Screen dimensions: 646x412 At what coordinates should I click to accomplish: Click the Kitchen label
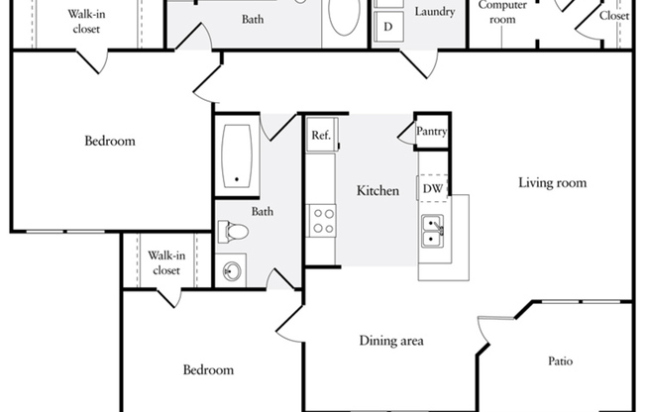(x=377, y=191)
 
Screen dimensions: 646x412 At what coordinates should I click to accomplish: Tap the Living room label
(x=552, y=182)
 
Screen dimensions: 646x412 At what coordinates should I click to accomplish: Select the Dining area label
(x=391, y=341)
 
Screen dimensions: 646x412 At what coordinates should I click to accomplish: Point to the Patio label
(x=561, y=360)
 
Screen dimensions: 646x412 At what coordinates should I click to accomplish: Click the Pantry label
(x=431, y=132)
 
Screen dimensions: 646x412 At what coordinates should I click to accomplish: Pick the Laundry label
(x=435, y=12)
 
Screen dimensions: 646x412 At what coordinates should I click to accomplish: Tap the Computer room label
(x=502, y=12)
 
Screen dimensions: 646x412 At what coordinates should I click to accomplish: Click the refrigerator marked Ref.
(x=322, y=135)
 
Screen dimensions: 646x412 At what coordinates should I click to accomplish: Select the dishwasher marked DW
(x=433, y=189)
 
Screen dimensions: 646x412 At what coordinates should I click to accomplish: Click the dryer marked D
(x=388, y=27)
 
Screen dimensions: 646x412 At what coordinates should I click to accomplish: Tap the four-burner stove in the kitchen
(x=323, y=221)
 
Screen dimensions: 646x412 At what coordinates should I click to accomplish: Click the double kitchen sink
(x=433, y=232)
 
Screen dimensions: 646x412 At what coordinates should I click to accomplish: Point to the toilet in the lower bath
(x=233, y=231)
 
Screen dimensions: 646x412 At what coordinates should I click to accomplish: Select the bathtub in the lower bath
(x=237, y=155)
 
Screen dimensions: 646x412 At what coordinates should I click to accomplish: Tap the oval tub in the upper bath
(x=344, y=16)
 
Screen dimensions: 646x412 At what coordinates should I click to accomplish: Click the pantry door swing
(x=405, y=134)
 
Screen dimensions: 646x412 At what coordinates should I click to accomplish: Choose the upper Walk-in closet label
(x=86, y=22)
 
